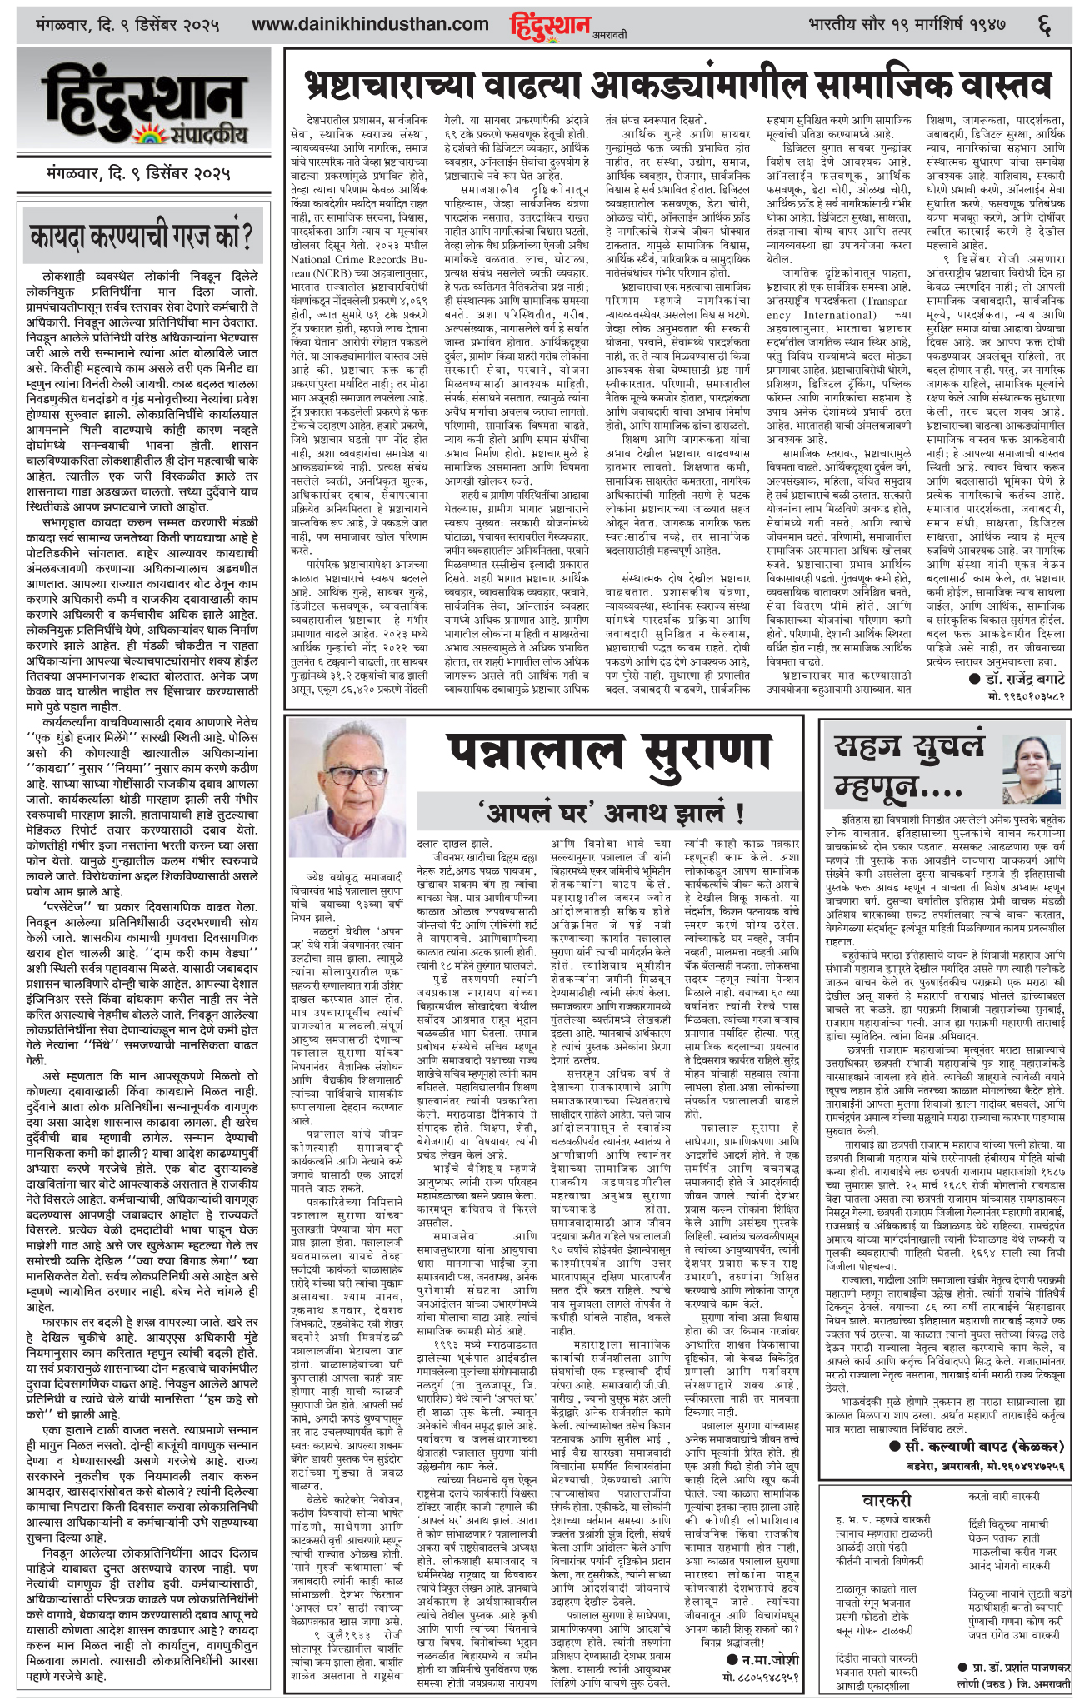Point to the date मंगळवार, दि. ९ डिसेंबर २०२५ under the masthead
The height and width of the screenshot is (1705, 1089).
[x=138, y=176]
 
